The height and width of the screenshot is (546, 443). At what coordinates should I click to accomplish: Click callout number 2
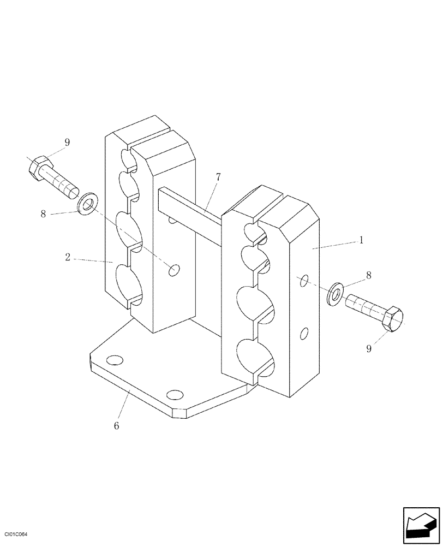click(x=68, y=257)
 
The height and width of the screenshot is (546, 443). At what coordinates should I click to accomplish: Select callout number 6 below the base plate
click(x=116, y=425)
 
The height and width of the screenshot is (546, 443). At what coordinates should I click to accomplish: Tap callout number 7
click(x=218, y=177)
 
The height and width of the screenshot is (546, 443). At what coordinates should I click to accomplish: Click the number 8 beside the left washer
click(x=44, y=214)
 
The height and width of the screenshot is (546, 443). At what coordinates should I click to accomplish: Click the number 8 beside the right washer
click(x=368, y=276)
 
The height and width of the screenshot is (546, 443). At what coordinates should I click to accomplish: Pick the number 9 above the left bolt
click(x=67, y=143)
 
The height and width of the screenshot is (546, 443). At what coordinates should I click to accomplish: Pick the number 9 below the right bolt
click(x=369, y=348)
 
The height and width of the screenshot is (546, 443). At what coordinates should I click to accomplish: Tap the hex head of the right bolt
click(x=392, y=318)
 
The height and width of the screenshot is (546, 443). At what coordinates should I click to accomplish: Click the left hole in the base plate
click(x=115, y=360)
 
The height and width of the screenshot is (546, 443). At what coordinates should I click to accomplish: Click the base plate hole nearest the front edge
click(x=175, y=395)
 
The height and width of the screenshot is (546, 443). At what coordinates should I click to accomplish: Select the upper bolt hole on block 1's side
click(x=305, y=281)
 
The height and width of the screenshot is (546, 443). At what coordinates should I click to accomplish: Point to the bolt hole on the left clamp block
click(x=175, y=270)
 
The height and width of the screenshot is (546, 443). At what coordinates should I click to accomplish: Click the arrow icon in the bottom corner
click(x=421, y=525)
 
